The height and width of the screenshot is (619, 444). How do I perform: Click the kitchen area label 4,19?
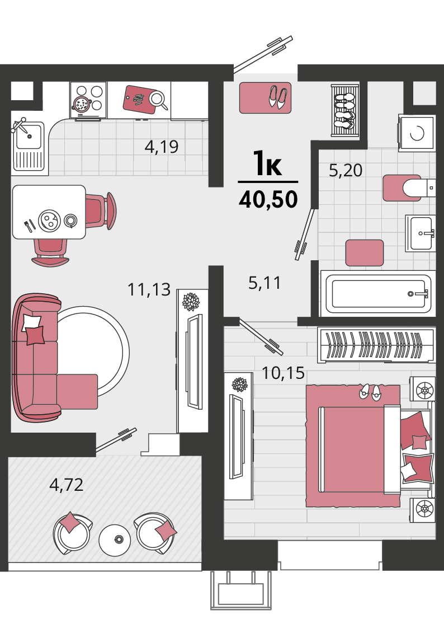[161, 147]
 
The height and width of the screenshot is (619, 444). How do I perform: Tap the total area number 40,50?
[268, 199]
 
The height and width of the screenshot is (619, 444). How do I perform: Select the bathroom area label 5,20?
[346, 171]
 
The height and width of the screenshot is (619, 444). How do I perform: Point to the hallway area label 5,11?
[264, 283]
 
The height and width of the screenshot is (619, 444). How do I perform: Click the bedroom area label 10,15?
[283, 373]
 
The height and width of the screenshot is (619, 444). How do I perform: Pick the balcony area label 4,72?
[66, 485]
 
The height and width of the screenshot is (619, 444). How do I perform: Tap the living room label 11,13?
[149, 290]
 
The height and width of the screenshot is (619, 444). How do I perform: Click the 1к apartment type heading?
[268, 163]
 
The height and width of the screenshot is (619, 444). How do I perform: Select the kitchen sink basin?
[29, 136]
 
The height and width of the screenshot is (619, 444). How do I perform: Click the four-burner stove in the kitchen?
[88, 100]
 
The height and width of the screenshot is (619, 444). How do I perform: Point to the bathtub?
[379, 293]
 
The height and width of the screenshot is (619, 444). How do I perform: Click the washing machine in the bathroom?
[417, 133]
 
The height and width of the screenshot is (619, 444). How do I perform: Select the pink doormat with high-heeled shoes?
[266, 97]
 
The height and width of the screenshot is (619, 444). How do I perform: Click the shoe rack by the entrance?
[345, 110]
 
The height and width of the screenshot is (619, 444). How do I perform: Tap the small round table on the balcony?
[114, 540]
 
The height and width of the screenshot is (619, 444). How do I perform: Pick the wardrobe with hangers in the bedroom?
[376, 345]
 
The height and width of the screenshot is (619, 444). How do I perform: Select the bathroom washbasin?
[421, 233]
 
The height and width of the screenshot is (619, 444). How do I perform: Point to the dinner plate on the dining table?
[49, 221]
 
